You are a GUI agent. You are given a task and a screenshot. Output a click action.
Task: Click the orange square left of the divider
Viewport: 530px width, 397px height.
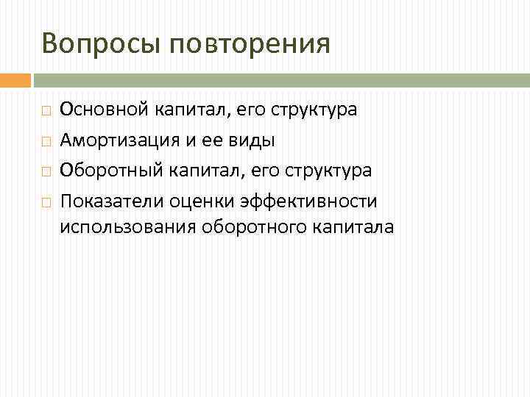point(15,79)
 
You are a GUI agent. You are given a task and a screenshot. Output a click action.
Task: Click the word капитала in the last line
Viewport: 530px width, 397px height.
point(354,227)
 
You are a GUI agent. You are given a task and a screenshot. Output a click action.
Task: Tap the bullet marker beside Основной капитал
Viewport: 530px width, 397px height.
point(46,111)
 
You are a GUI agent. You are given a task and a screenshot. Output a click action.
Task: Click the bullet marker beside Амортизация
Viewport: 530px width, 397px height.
point(46,140)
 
